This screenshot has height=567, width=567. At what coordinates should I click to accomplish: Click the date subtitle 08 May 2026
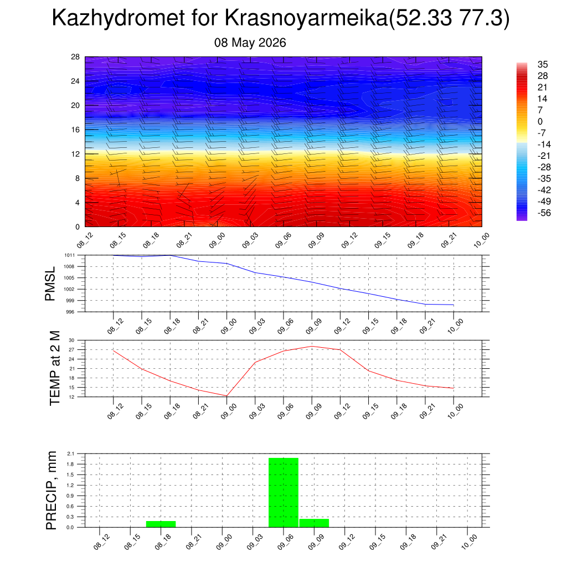pos(250,43)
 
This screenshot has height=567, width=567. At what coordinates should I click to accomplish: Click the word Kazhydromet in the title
pos(118,18)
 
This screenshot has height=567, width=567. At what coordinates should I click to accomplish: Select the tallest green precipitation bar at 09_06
pos(283,492)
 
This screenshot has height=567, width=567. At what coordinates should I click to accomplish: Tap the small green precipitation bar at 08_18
pos(161,524)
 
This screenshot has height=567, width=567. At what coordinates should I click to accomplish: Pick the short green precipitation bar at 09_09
pos(315,523)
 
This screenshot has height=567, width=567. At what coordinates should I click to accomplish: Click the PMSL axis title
pos(50,284)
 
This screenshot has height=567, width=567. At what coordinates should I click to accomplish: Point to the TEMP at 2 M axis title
pos(55,368)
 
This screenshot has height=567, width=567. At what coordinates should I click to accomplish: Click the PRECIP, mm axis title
pos(51,491)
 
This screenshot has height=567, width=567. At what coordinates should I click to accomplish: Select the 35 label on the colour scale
pos(543,64)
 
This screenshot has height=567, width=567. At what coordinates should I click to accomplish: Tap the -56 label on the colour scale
pos(544,213)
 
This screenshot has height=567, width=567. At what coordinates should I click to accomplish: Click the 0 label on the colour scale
pos(540,121)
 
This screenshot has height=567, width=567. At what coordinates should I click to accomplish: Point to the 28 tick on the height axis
pos(75,57)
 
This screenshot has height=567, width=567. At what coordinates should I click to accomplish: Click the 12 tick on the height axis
pos(75,154)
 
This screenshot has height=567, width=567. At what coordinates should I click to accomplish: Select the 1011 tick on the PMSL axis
pos(70,255)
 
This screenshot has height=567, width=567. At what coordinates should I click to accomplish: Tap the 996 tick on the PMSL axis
pos(70,312)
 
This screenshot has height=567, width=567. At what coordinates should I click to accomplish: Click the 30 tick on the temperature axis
pos(71,341)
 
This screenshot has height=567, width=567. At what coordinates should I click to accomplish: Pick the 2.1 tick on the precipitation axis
pos(70,453)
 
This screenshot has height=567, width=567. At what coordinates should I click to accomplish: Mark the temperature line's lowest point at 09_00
pos(226,396)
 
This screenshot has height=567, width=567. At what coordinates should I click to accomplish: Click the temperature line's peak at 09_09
pos(312,347)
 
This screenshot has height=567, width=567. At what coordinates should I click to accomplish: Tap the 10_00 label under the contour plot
pos(482,240)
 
